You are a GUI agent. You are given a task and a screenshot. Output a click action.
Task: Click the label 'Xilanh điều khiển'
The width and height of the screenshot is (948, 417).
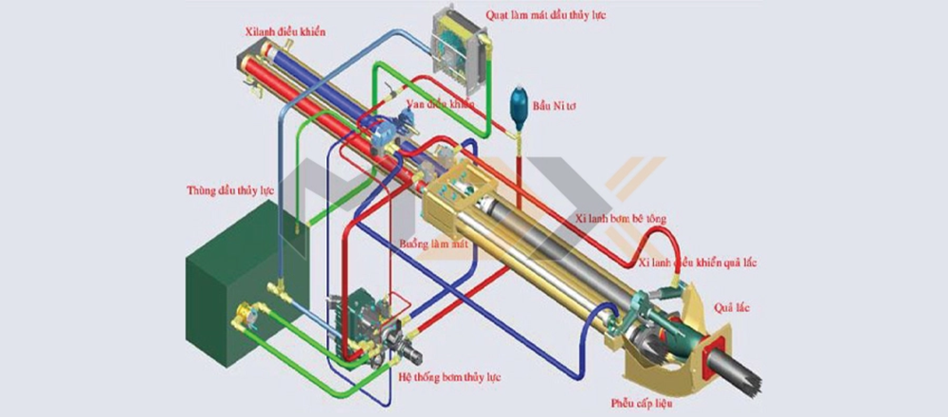click(283, 32)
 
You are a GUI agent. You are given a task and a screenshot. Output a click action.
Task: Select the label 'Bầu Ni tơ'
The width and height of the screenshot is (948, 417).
click(553, 106)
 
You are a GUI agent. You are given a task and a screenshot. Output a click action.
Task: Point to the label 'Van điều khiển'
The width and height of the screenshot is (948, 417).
click(439, 103)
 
